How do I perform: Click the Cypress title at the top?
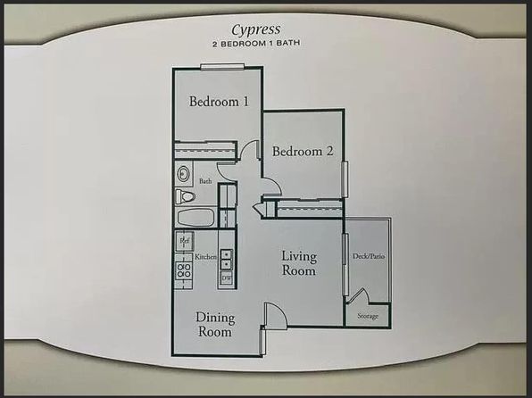click(x=256, y=30)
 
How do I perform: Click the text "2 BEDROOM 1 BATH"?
click(x=256, y=44)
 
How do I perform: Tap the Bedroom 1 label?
click(x=219, y=102)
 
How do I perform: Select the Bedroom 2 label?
click(x=303, y=151)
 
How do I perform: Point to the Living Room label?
click(x=299, y=263)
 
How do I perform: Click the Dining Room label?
click(x=215, y=324)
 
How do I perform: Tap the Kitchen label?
click(x=205, y=257)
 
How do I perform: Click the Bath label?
click(x=205, y=181)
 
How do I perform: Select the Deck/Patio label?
click(x=369, y=256)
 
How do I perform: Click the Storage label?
click(x=368, y=316)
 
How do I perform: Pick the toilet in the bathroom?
click(x=185, y=196)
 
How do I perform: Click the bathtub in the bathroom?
click(x=195, y=218)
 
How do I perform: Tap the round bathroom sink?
click(x=183, y=174)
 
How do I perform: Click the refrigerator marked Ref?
click(x=185, y=241)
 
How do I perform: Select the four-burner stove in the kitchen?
click(x=184, y=270)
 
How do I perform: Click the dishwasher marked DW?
click(x=227, y=278)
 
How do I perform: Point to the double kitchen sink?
click(x=226, y=259)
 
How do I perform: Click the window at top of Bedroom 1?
click(x=222, y=67)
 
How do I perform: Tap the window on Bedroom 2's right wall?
click(x=345, y=179)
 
